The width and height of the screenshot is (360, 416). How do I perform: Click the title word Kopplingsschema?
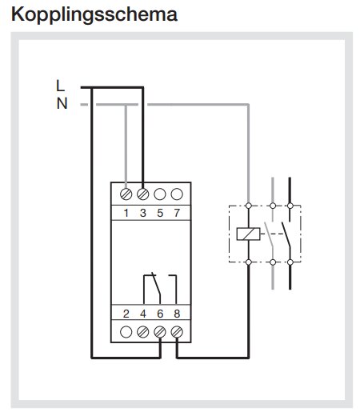pyautogui.click(x=94, y=14)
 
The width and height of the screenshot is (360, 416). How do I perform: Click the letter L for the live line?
pyautogui.click(x=61, y=86)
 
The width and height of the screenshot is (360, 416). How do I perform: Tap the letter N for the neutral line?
pyautogui.click(x=62, y=103)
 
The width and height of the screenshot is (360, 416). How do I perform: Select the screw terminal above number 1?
pyautogui.click(x=126, y=194)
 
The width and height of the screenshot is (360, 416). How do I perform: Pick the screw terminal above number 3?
pyautogui.click(x=143, y=194)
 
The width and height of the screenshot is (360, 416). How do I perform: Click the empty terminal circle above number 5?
pyautogui.click(x=160, y=194)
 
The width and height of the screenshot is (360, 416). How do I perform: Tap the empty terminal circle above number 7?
pyautogui.click(x=177, y=194)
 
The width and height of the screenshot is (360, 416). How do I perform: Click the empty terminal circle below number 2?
pyautogui.click(x=126, y=332)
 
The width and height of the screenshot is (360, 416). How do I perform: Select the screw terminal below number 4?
pyautogui.click(x=143, y=332)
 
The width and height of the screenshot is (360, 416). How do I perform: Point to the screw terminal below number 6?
pyautogui.click(x=160, y=332)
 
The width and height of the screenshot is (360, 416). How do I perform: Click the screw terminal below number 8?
pyautogui.click(x=177, y=332)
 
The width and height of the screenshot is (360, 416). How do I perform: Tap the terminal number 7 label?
pyautogui.click(x=177, y=213)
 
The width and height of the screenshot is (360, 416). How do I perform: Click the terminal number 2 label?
pyautogui.click(x=126, y=314)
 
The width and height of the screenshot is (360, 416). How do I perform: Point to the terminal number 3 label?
pyautogui.click(x=143, y=213)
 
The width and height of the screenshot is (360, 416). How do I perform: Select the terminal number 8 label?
pyautogui.click(x=177, y=314)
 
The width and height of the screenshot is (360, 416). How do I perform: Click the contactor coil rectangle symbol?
pyautogui.click(x=248, y=234)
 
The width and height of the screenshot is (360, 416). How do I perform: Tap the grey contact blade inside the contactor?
pyautogui.click(x=269, y=234)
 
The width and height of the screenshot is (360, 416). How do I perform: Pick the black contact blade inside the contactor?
pyautogui.click(x=286, y=234)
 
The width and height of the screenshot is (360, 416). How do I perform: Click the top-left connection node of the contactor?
pyautogui.click(x=249, y=206)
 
